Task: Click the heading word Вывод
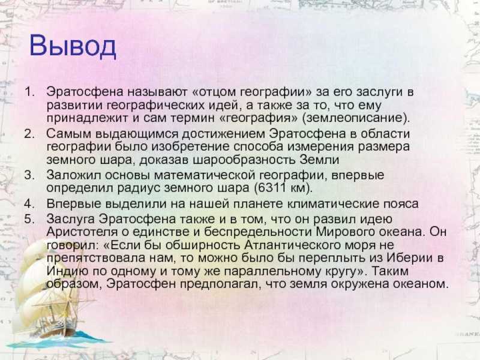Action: (73, 46)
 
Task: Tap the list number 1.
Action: (30, 92)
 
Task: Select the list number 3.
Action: (29, 175)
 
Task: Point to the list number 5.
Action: (29, 219)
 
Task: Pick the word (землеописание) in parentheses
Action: (355, 118)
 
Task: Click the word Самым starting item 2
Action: (69, 134)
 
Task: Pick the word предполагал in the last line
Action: (220, 284)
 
